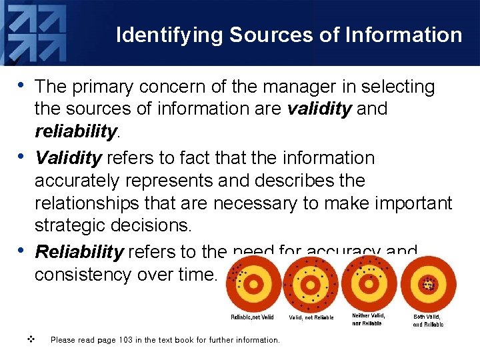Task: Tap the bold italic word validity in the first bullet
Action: tap(319, 109)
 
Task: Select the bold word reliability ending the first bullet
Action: tap(75, 131)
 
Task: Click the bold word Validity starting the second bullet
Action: tap(68, 158)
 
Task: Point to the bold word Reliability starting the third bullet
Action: tap(79, 252)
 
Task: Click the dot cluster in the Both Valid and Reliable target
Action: tap(427, 284)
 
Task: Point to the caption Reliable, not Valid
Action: tap(252, 317)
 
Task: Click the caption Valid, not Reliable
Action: tap(311, 317)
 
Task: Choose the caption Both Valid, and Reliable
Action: tap(428, 321)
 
